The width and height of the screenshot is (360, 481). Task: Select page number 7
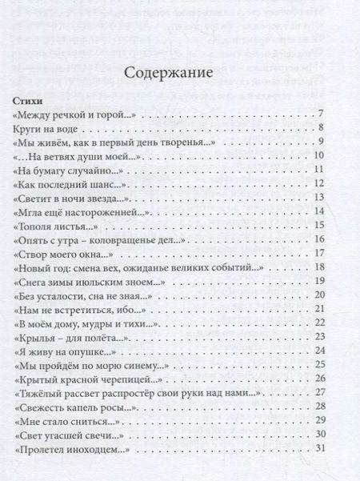320,114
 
